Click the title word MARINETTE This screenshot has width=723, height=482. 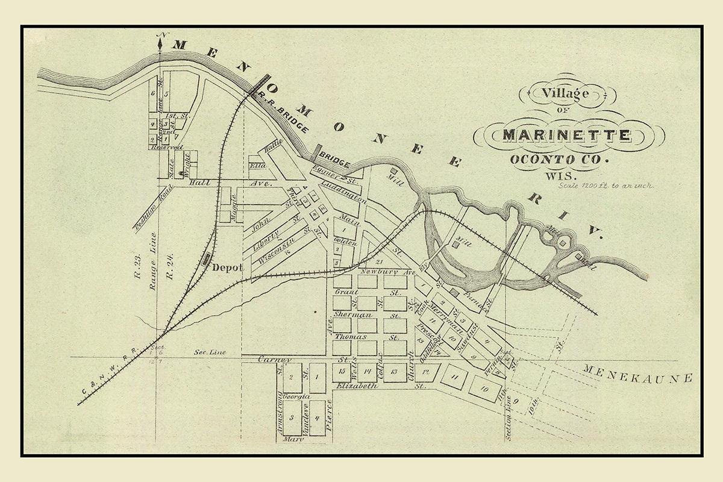(x=566, y=135)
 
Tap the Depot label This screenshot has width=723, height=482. (x=227, y=268)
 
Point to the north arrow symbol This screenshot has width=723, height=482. (x=160, y=43)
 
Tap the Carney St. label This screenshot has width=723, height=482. (x=283, y=360)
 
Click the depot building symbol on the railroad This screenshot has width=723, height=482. (x=207, y=258)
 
